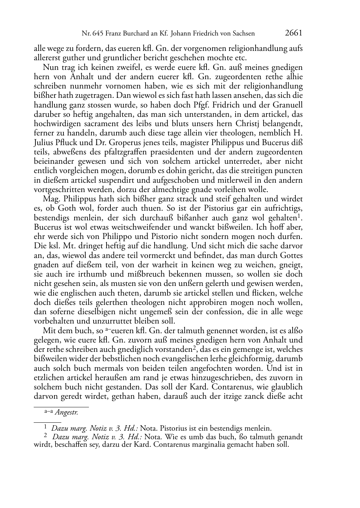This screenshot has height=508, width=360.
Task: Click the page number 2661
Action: pos(294,33)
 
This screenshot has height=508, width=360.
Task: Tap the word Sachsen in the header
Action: pos(243,34)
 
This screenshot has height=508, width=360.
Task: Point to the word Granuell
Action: pos(288,105)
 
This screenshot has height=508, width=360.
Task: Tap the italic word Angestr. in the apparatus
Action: pos(67,412)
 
